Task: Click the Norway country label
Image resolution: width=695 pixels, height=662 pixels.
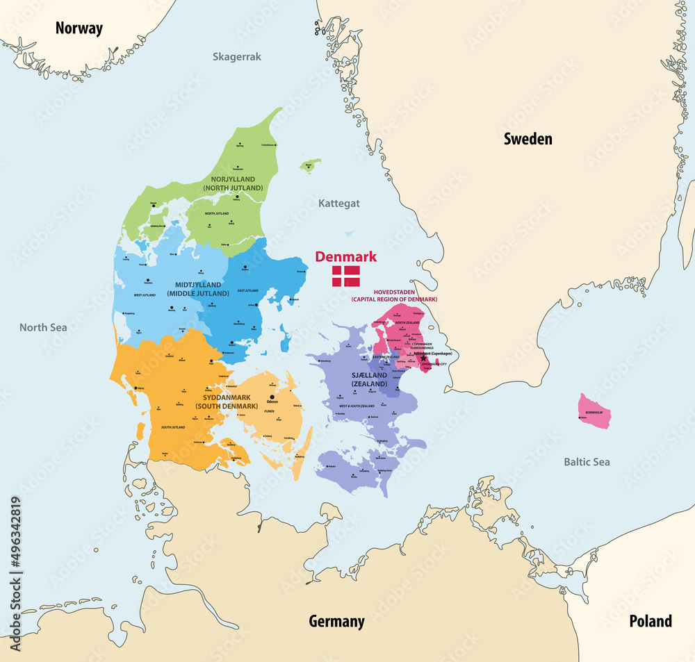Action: [79, 28]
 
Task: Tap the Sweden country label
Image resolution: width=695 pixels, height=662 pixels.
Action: [528, 139]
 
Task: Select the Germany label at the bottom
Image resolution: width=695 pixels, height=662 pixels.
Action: [336, 621]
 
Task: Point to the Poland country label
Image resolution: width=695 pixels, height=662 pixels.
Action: [651, 620]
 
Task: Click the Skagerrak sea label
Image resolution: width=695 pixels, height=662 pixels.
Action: [237, 57]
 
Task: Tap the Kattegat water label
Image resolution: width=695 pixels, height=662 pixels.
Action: [338, 204]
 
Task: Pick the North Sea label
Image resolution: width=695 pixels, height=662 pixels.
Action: [43, 327]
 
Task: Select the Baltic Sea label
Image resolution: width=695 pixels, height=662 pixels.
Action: [587, 461]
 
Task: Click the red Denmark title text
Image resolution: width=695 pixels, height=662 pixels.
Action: [345, 256]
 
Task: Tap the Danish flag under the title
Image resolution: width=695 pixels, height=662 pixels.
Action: [345, 276]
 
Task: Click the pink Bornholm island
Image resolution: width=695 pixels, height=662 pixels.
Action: [595, 411]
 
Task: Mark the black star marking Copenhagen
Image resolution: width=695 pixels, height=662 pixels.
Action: [423, 358]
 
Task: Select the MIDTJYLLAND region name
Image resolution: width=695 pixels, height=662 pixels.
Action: [198, 285]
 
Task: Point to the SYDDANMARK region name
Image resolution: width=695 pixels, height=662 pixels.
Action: [224, 397]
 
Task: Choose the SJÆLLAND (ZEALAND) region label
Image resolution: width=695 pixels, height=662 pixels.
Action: [369, 379]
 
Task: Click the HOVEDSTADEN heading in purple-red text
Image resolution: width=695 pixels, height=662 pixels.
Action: [393, 292]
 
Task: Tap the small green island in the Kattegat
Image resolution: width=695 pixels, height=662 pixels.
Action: [310, 165]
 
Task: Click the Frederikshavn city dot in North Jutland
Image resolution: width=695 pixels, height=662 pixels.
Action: [276, 144]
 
